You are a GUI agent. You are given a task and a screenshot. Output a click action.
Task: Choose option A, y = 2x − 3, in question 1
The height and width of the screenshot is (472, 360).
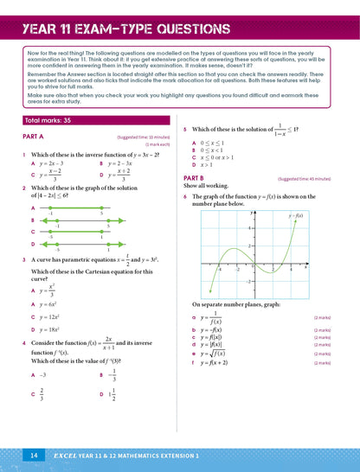tap(50, 163)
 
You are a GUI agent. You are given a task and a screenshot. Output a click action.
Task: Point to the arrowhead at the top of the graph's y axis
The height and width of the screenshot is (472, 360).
tap(255, 210)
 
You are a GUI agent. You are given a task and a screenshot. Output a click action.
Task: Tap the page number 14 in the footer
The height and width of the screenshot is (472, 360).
tap(34, 454)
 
